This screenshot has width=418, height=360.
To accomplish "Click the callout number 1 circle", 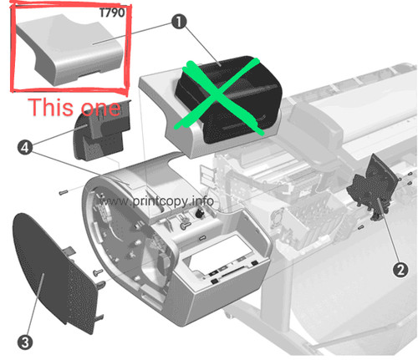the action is coord(179,22).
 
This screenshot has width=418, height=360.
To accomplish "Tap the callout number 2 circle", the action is coord(400,270).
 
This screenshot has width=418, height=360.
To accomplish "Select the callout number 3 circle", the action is coord(25,342).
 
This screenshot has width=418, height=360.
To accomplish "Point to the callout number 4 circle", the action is coord(25,147).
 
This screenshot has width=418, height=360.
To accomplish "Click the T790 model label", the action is coord(112,13).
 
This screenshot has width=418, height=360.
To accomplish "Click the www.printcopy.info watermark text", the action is coord(156,201).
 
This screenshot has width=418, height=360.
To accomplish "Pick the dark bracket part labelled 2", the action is coord(373,187).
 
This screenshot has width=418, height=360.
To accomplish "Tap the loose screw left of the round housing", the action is coord(64,192).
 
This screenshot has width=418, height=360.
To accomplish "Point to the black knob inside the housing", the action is coord(199,214).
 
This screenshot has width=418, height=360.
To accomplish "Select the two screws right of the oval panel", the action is coord(99,277).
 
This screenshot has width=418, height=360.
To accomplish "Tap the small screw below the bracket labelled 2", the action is coord(360,227).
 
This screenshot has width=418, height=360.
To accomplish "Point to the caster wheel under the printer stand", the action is coord(228,315).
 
